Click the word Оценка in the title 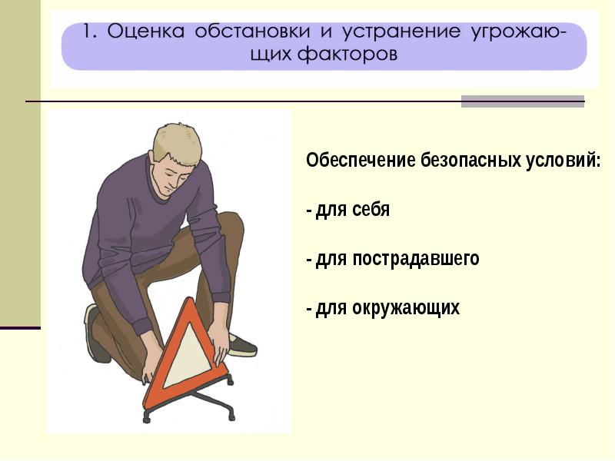pyautogui.click(x=145, y=32)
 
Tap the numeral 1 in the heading pyautogui.click(x=89, y=32)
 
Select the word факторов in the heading pyautogui.click(x=347, y=54)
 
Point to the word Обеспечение pyautogui.click(x=361, y=160)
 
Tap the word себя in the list pyautogui.click(x=371, y=210)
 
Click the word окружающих pyautogui.click(x=406, y=308)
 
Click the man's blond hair pyautogui.click(x=177, y=142)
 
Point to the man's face pyautogui.click(x=174, y=175)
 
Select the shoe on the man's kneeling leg pyautogui.click(x=94, y=333)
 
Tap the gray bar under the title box pyautogui.click(x=523, y=101)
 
